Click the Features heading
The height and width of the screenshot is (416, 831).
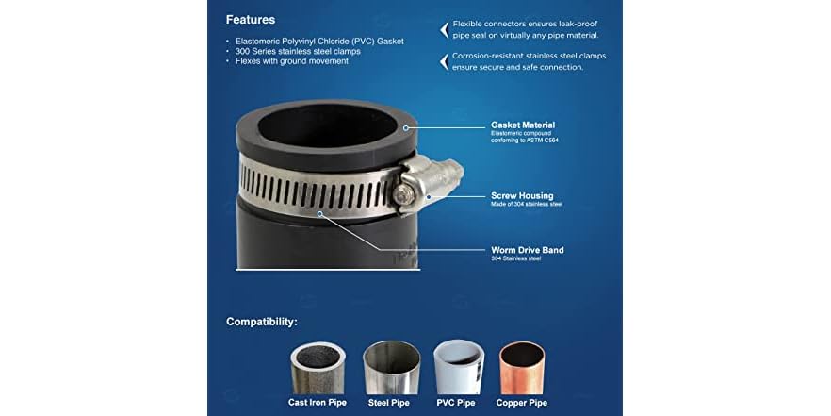[x=251, y=19]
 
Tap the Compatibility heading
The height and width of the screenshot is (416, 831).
[x=262, y=322]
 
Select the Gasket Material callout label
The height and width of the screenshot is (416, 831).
[x=523, y=125]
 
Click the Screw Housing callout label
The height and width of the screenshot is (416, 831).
[x=522, y=196]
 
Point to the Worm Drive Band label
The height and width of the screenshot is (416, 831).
[x=528, y=250]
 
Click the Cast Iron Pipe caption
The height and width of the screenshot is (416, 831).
[x=318, y=403]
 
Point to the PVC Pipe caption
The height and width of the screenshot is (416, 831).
[x=457, y=403]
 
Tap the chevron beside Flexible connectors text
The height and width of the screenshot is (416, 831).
[x=444, y=30]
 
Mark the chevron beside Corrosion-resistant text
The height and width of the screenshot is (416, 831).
[x=444, y=61]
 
